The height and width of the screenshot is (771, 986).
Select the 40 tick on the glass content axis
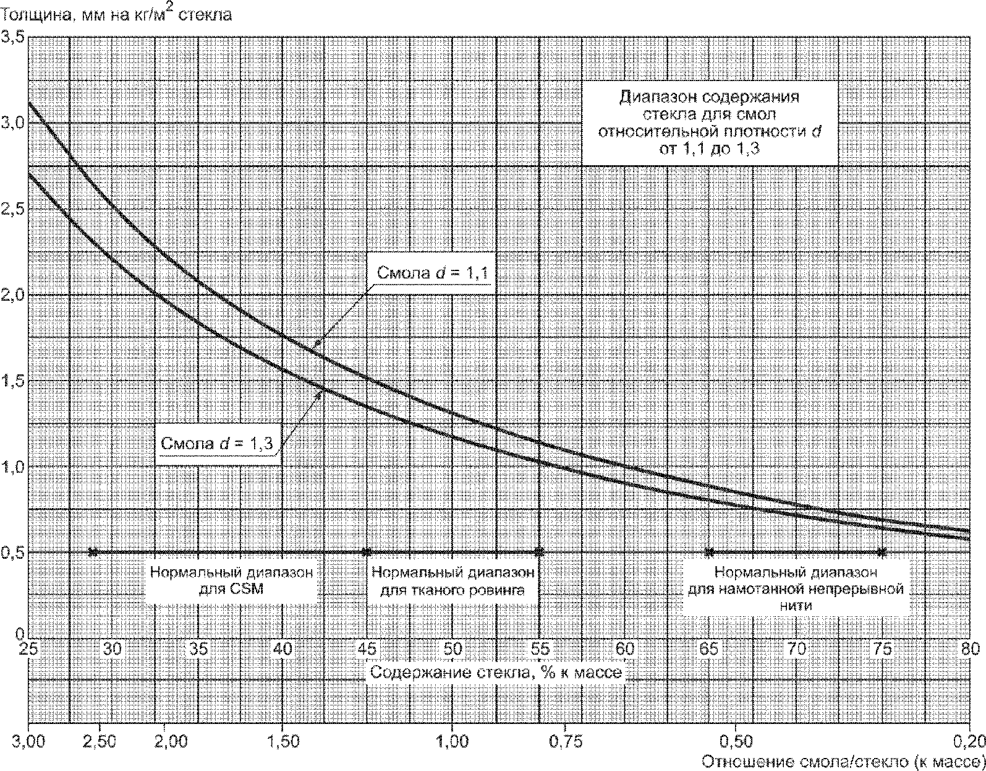coord(283,649)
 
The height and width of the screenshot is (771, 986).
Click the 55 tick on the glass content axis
coord(540,649)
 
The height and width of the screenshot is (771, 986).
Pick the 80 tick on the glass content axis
coord(970,649)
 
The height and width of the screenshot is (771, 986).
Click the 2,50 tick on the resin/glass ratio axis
coord(100,741)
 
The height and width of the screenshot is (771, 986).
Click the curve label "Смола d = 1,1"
coord(433,272)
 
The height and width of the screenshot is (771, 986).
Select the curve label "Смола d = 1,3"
coord(217,443)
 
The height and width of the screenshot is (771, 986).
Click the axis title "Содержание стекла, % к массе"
coord(496,672)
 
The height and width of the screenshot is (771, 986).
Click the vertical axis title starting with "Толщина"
coord(117,14)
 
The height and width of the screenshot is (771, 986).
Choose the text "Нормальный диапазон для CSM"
coord(231,581)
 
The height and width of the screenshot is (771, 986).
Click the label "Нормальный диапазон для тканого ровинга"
coord(453,581)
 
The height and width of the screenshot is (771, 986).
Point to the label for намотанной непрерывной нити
coord(796,588)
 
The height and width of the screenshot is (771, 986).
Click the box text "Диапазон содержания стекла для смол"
coord(710,105)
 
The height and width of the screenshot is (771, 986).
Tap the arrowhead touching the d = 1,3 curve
coord(320,393)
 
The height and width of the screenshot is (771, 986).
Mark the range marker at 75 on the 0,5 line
coord(882,552)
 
